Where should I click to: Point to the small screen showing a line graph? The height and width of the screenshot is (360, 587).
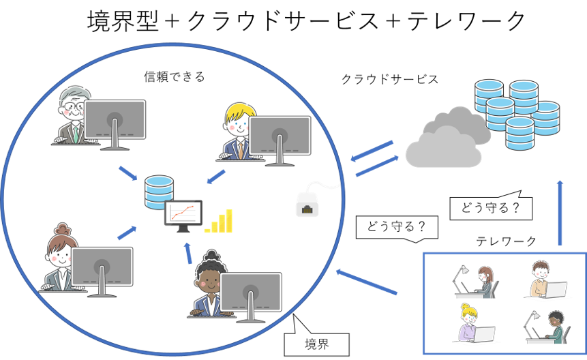point(183,213)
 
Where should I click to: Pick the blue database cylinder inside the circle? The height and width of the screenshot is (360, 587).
point(159,192)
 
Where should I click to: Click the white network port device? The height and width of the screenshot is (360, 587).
point(307,203)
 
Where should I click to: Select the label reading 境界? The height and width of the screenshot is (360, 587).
point(316,344)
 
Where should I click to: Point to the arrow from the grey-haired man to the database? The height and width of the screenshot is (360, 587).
point(127,173)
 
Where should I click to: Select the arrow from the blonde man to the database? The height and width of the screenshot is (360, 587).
point(215,177)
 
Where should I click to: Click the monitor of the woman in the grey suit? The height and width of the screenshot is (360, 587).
point(102,267)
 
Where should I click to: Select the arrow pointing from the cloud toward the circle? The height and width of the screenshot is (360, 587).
point(372,151)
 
